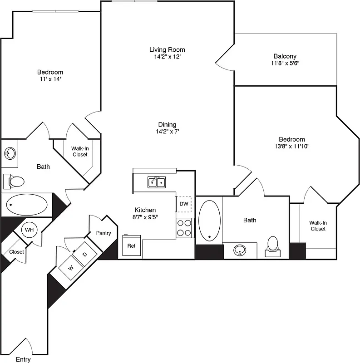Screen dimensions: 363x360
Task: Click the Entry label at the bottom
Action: coord(23,359)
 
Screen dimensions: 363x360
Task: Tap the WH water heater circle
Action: coord(29,230)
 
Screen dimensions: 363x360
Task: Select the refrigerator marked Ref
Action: coord(131,246)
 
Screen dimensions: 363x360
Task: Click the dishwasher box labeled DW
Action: coord(183,204)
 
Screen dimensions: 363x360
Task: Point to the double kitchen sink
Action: coord(157,182)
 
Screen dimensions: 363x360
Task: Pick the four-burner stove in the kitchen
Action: coord(184,228)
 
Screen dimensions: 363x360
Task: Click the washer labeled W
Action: coord(71,268)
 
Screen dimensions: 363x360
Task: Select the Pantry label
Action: coord(104,233)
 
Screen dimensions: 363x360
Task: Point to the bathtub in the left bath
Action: coord(28,205)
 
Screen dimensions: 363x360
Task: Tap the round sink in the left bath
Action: coord(10,154)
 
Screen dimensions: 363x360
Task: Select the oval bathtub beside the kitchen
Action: coord(209,220)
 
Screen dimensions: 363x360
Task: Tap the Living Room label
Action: coord(167,49)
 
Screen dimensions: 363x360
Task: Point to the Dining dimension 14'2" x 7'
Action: coord(167,132)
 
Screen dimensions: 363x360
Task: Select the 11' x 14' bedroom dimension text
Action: coord(50,79)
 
